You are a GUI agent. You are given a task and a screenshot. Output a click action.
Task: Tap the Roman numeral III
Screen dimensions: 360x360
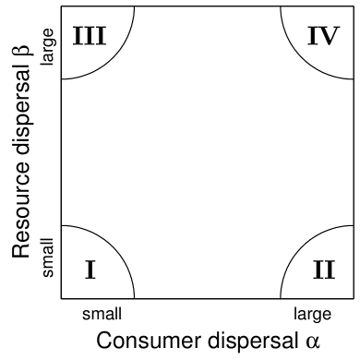tap(90, 36)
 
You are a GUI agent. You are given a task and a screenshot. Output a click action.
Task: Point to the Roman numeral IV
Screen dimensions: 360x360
tap(325, 36)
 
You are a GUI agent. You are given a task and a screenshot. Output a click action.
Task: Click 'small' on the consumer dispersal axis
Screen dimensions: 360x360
tap(102, 313)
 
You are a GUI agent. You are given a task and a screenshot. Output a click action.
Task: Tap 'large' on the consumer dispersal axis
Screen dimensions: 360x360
tap(312, 313)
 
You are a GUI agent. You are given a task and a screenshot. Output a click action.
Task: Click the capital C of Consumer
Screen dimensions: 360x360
tap(104, 339)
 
